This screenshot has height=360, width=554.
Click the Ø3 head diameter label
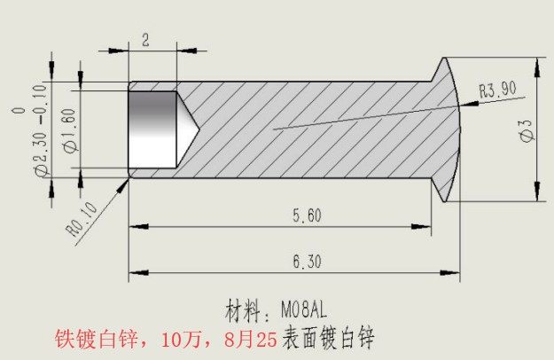coord(526,131)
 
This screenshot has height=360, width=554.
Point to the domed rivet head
coord(451,129)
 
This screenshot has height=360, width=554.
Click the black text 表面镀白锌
coord(331,339)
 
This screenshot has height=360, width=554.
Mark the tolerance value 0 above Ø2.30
coord(19,112)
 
